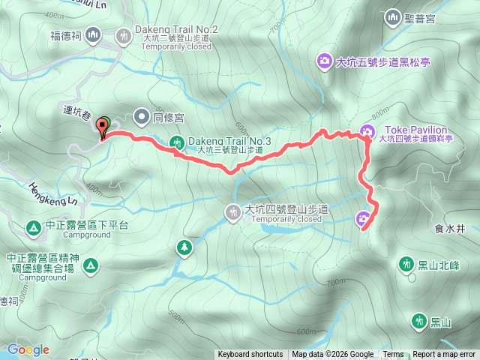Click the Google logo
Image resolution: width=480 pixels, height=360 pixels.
pos(28,349)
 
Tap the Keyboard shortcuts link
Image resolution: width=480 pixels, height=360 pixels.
pos(250,355)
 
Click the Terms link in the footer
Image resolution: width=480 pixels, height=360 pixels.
pos(393,355)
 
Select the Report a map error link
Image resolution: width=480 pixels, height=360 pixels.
pos(444,355)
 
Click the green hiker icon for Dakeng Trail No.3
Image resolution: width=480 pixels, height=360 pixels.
pos(177,141)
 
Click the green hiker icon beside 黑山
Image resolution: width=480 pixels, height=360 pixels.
pos(418,322)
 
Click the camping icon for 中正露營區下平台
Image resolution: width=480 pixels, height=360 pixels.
pos(33,226)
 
